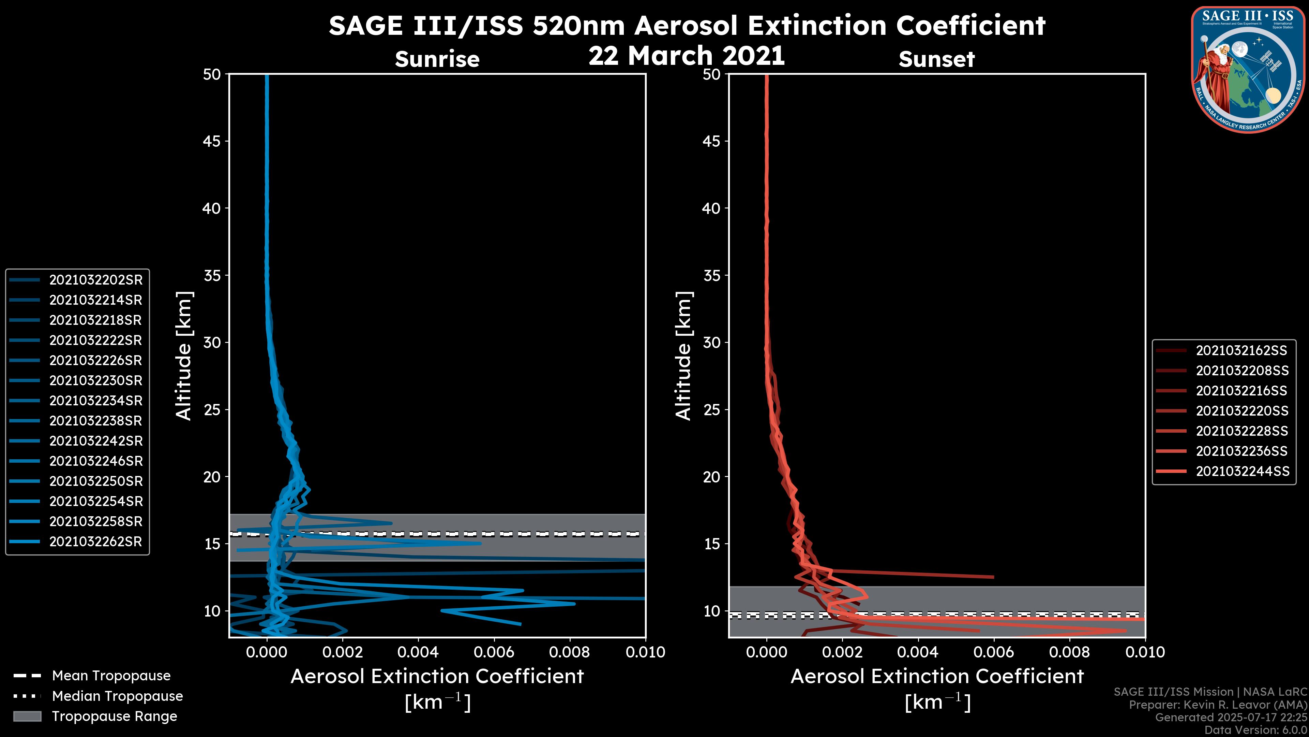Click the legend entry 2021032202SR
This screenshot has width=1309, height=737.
95,280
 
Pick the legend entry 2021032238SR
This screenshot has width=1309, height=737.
95,421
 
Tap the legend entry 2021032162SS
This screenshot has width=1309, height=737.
1242,350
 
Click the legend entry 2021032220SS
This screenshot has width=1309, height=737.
1242,410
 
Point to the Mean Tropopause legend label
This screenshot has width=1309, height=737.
111,676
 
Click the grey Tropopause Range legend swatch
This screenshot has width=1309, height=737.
27,716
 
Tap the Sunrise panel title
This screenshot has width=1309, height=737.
437,59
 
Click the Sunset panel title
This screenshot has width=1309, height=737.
936,59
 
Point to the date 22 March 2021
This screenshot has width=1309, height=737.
687,55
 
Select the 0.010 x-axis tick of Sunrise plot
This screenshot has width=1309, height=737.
645,652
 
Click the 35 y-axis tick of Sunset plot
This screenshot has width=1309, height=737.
712,275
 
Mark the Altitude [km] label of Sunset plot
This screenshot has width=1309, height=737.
683,356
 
